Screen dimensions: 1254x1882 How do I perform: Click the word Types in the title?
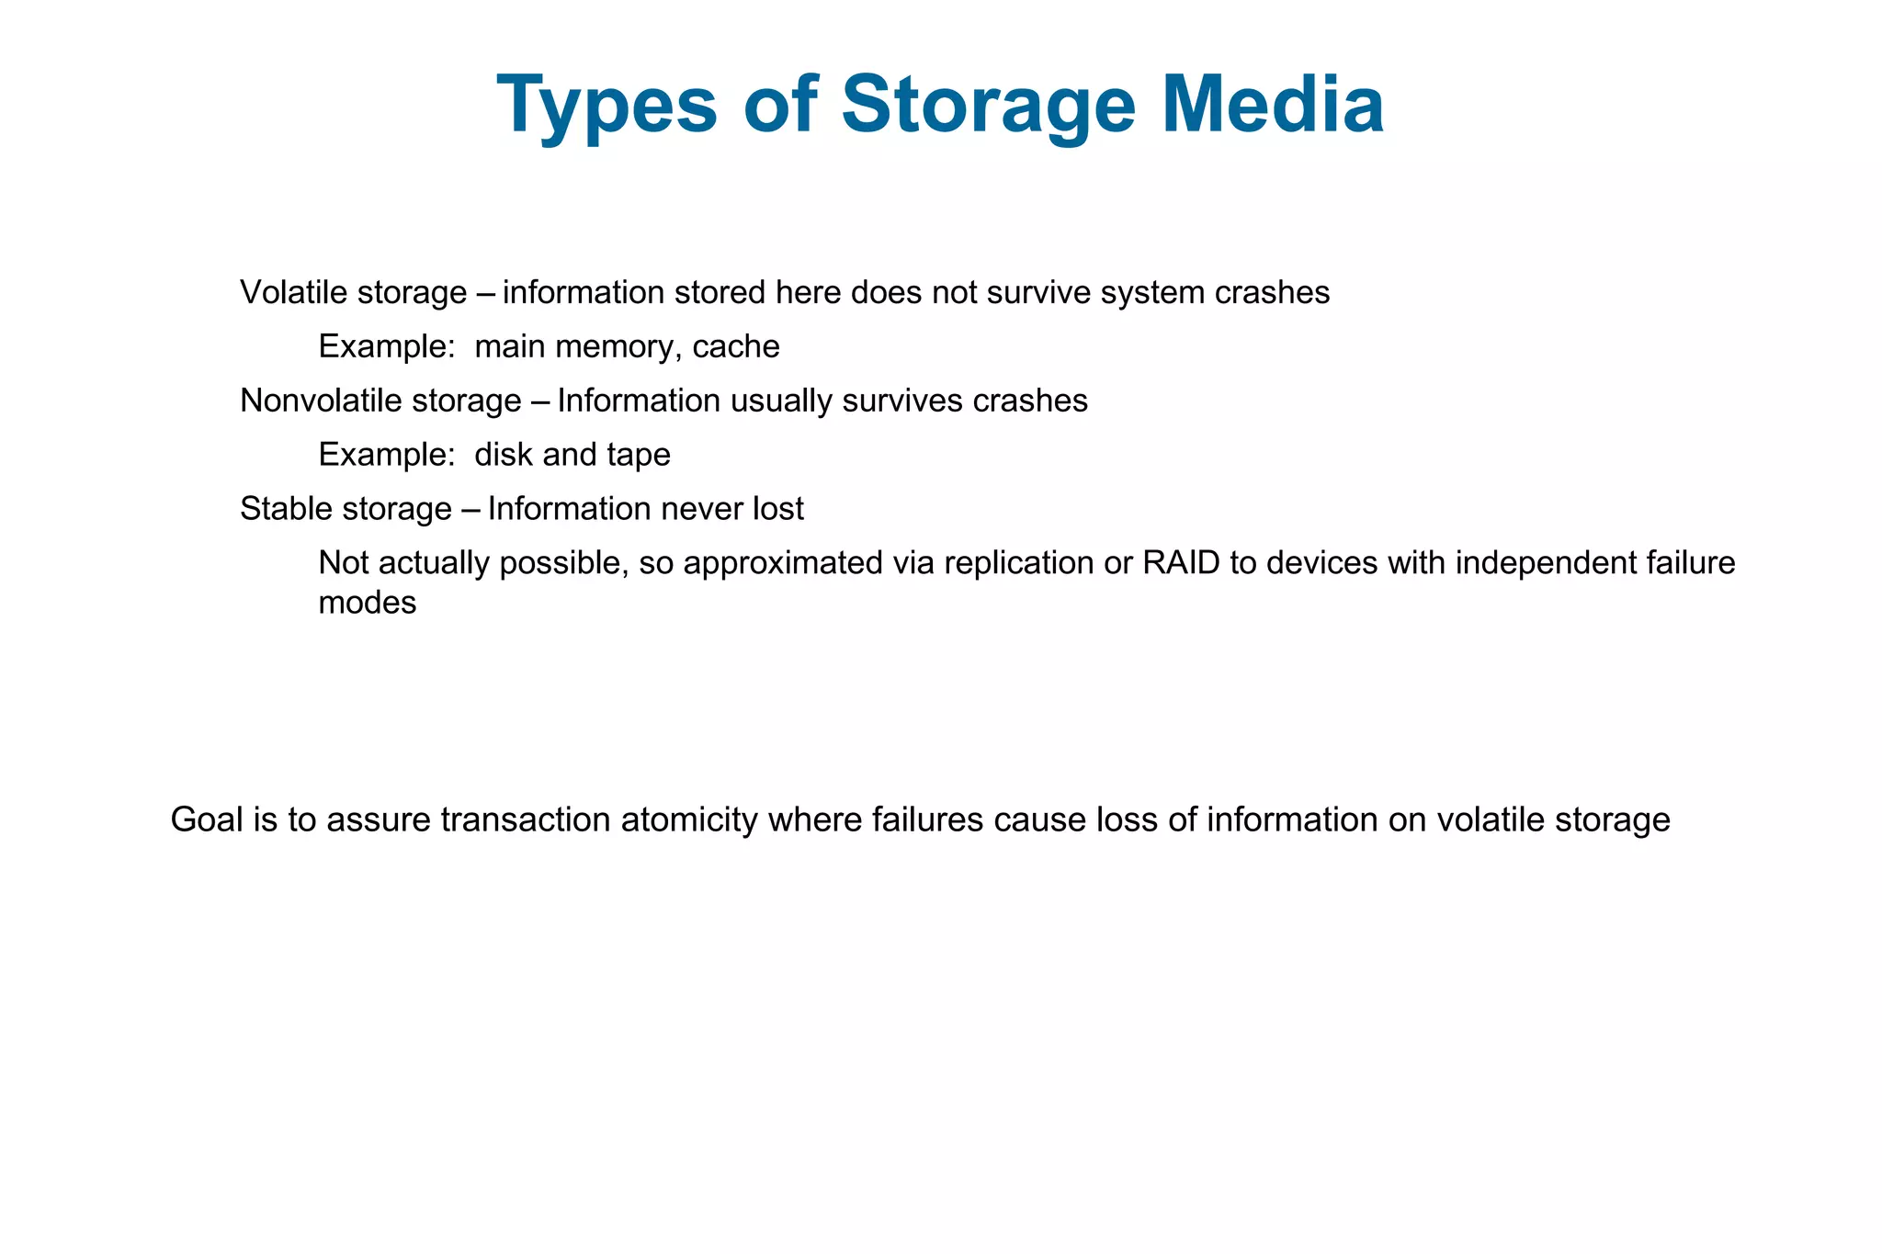[607, 106]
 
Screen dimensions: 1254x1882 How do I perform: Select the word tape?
[639, 456]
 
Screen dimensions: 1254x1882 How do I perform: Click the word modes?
[367, 604]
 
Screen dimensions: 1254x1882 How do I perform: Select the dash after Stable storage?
[470, 509]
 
